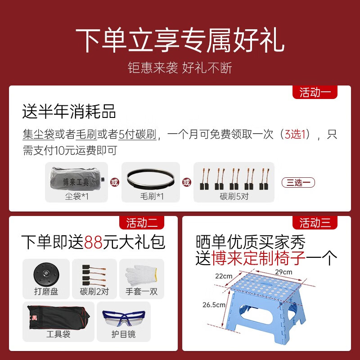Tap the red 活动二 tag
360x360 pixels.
(142, 222)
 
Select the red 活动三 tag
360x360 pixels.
(315, 222)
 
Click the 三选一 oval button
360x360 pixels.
(298, 182)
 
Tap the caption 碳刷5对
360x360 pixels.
(234, 197)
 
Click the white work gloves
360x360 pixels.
(141, 274)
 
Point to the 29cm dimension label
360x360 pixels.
(283, 272)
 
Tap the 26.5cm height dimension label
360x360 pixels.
(214, 305)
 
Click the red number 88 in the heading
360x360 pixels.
(94, 242)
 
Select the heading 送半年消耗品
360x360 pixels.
(69, 111)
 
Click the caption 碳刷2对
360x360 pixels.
(94, 291)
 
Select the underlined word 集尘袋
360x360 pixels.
(39, 134)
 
